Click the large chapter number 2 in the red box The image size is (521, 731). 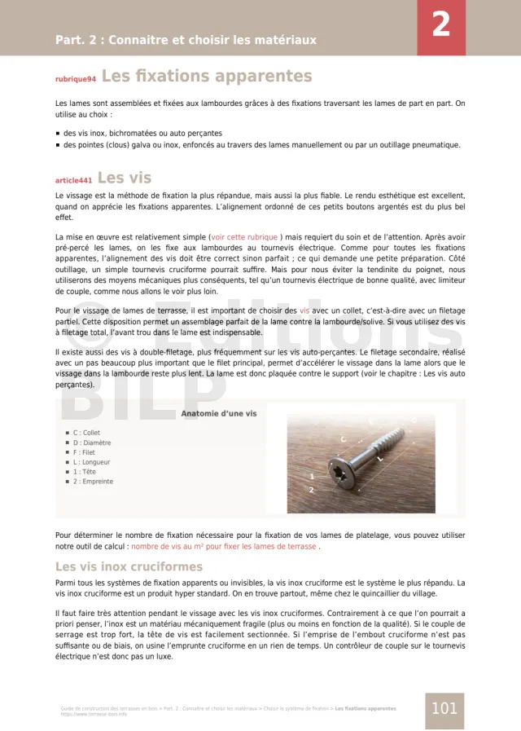(440, 25)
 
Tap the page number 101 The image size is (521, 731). (444, 708)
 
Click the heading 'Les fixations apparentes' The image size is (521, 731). (207, 77)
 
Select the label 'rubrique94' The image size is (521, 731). (76, 80)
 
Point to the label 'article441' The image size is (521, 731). (73, 180)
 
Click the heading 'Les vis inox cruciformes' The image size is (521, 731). (129, 566)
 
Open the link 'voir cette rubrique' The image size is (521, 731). (244, 237)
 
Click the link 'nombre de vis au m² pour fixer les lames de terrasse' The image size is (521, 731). (224, 546)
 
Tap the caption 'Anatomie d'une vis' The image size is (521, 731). (218, 414)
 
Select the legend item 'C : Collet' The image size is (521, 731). (86, 434)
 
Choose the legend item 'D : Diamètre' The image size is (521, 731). (92, 443)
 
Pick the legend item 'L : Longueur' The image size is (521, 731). (91, 462)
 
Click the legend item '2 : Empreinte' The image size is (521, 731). (93, 482)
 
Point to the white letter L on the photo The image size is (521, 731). (379, 459)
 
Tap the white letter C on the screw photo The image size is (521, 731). (343, 440)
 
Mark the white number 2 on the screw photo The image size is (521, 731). (311, 490)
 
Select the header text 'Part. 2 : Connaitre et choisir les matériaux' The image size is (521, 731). (186, 40)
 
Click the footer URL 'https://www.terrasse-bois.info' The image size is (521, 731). (94, 714)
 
